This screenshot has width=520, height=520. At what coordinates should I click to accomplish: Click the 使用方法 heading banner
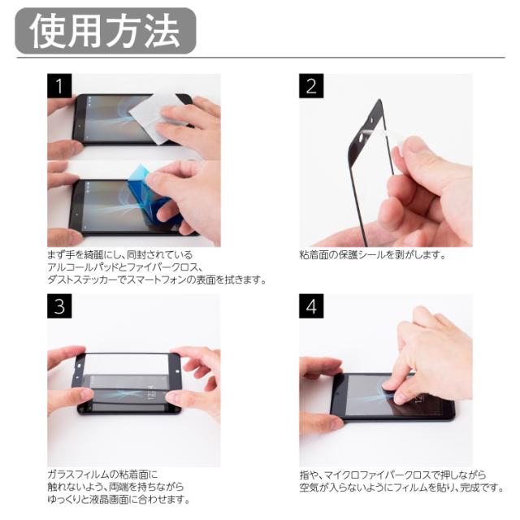coord(106,31)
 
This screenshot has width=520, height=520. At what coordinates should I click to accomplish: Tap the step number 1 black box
coord(59,86)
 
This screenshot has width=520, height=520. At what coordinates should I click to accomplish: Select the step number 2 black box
coord(311,86)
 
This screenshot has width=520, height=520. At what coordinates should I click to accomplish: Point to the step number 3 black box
coord(59,306)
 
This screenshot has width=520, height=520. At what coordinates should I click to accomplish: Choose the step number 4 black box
coord(311,306)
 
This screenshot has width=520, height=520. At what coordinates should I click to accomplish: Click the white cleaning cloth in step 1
coord(156,116)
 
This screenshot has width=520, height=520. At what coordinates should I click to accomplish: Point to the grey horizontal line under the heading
coord(261,58)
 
